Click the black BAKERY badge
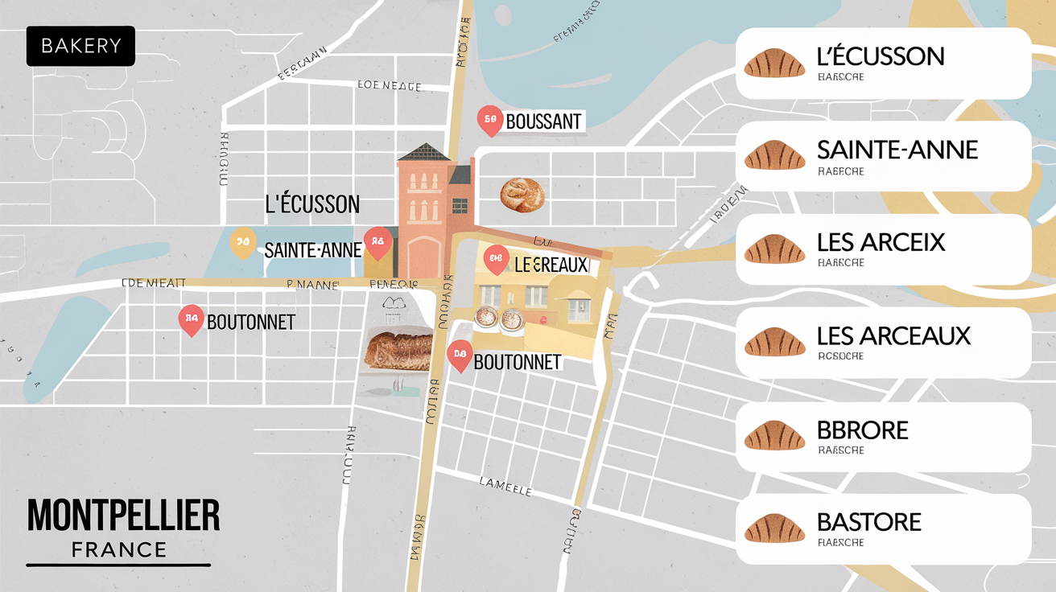point(80,47)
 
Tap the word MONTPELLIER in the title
point(123,516)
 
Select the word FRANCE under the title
point(119,550)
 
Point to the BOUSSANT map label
point(543,122)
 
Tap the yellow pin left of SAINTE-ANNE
point(241,242)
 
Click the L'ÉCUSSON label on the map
point(312,204)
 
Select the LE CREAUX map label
point(551,265)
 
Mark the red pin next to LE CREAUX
point(496,259)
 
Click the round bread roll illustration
point(522,195)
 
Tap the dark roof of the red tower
point(424,153)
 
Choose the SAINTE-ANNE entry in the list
point(897,150)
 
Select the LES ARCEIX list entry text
point(881,242)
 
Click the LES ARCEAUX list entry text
point(893,335)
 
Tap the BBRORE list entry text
point(862,430)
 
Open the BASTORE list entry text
point(868,522)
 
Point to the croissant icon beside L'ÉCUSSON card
point(774,63)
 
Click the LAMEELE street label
point(505,486)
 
